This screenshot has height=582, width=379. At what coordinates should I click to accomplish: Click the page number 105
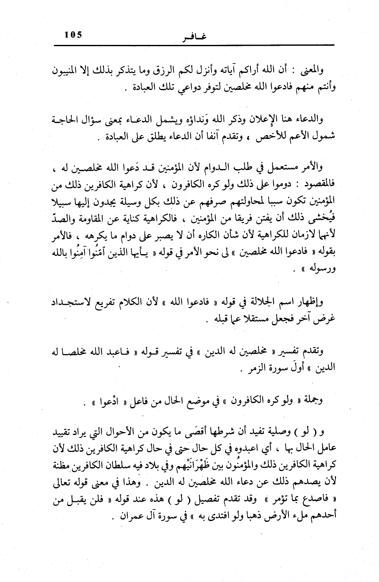(73, 35)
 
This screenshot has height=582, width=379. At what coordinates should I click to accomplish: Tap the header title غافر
(192, 37)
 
